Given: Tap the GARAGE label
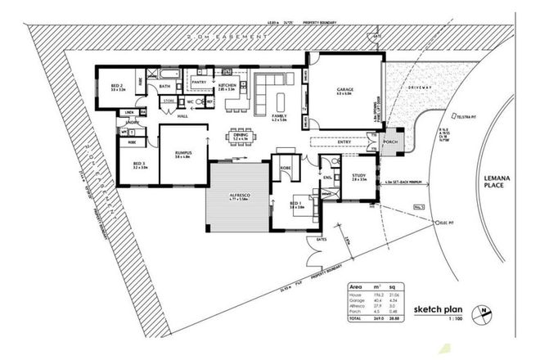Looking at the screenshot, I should (x=344, y=90).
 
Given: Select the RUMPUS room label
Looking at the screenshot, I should (x=182, y=152).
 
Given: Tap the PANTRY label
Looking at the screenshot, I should (x=199, y=82).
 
